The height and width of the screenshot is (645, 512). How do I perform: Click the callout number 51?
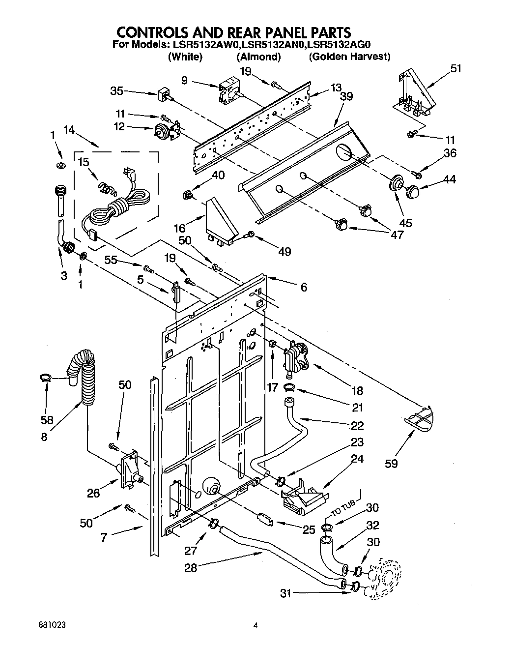coord(456,68)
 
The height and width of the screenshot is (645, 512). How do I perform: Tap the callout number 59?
coord(392,463)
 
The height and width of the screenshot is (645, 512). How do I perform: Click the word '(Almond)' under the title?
coord(258,57)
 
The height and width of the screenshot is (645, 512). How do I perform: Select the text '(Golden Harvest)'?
coord(349,57)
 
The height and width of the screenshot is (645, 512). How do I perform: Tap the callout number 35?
coord(116,90)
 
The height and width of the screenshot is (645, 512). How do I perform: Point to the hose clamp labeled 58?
coord(46,378)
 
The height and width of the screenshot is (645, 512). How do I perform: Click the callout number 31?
coord(286,593)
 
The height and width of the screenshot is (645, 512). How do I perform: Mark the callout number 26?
coord(93,493)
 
